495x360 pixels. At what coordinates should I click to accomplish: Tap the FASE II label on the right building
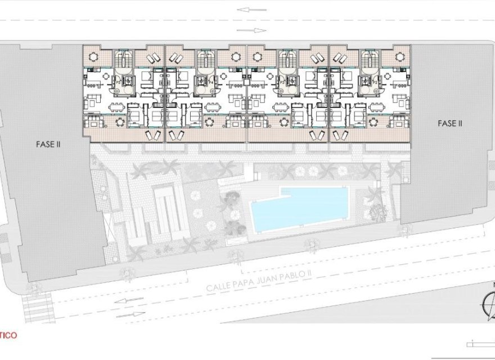tap(449, 123)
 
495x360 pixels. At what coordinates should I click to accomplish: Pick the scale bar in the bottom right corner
tap(481, 344)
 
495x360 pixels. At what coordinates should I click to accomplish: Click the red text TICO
tap(8, 336)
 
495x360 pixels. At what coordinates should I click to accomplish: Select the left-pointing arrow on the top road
tap(246, 10)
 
